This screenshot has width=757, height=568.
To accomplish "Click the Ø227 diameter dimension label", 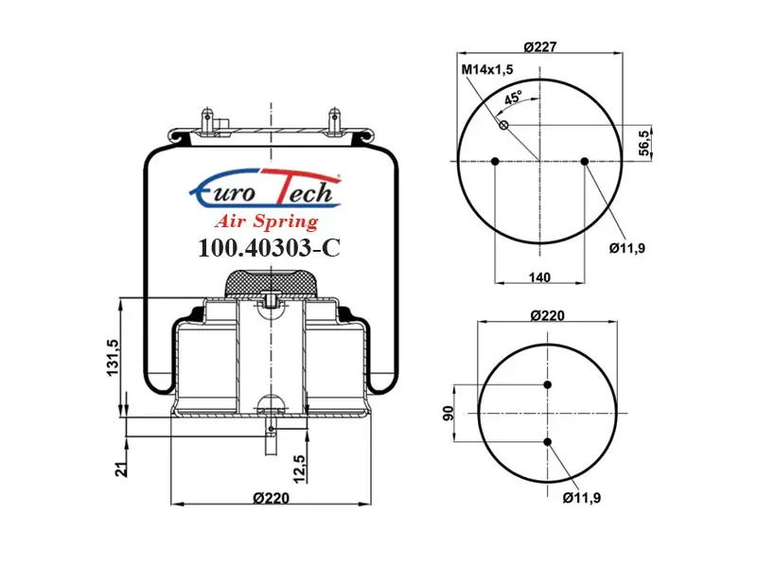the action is (x=539, y=46).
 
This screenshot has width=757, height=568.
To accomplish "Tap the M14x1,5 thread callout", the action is (x=487, y=69).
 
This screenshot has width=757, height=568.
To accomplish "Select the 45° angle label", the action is (x=514, y=98).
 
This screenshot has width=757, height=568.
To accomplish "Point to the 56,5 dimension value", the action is (x=644, y=143).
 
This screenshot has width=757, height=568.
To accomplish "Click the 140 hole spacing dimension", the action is (x=539, y=277).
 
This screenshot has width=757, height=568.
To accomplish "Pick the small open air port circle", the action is (x=503, y=126).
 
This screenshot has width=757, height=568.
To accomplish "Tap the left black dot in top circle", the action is (x=495, y=161).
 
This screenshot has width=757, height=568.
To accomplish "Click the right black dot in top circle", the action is (x=585, y=161).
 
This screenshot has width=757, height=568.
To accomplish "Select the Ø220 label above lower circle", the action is (x=548, y=315).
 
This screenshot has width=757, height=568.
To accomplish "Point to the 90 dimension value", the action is (x=449, y=413).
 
